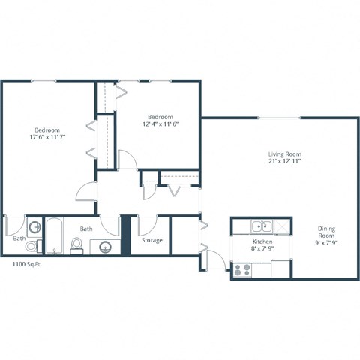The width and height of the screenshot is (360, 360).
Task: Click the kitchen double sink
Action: (260, 225)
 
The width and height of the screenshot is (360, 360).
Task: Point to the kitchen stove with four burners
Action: (242, 269)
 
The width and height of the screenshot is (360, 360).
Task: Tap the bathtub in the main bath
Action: (55, 236)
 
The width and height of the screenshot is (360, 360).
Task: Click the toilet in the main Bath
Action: (76, 245)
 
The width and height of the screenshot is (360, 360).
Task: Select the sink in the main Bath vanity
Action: (106, 246)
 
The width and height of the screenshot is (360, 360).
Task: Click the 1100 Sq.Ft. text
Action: (27, 264)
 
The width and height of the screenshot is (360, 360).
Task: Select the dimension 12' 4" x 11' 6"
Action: (160, 124)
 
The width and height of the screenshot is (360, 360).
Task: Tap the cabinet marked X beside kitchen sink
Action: (279, 225)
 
